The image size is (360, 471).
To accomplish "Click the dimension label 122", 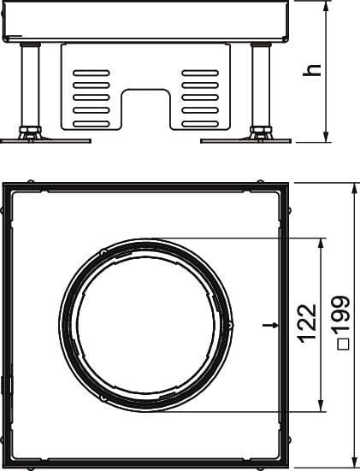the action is click(307, 323).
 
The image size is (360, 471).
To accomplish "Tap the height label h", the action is click(312, 70).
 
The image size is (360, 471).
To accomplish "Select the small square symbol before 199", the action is click(343, 344).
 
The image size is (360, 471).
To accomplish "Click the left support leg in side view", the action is click(30, 85).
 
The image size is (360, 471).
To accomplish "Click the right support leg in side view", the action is click(261, 85).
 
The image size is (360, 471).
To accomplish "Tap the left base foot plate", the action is click(45, 140).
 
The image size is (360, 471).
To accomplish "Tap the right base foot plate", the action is click(245, 140).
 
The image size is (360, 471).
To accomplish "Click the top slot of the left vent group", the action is click(91, 73).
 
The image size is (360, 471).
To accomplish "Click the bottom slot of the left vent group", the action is click(91, 124).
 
